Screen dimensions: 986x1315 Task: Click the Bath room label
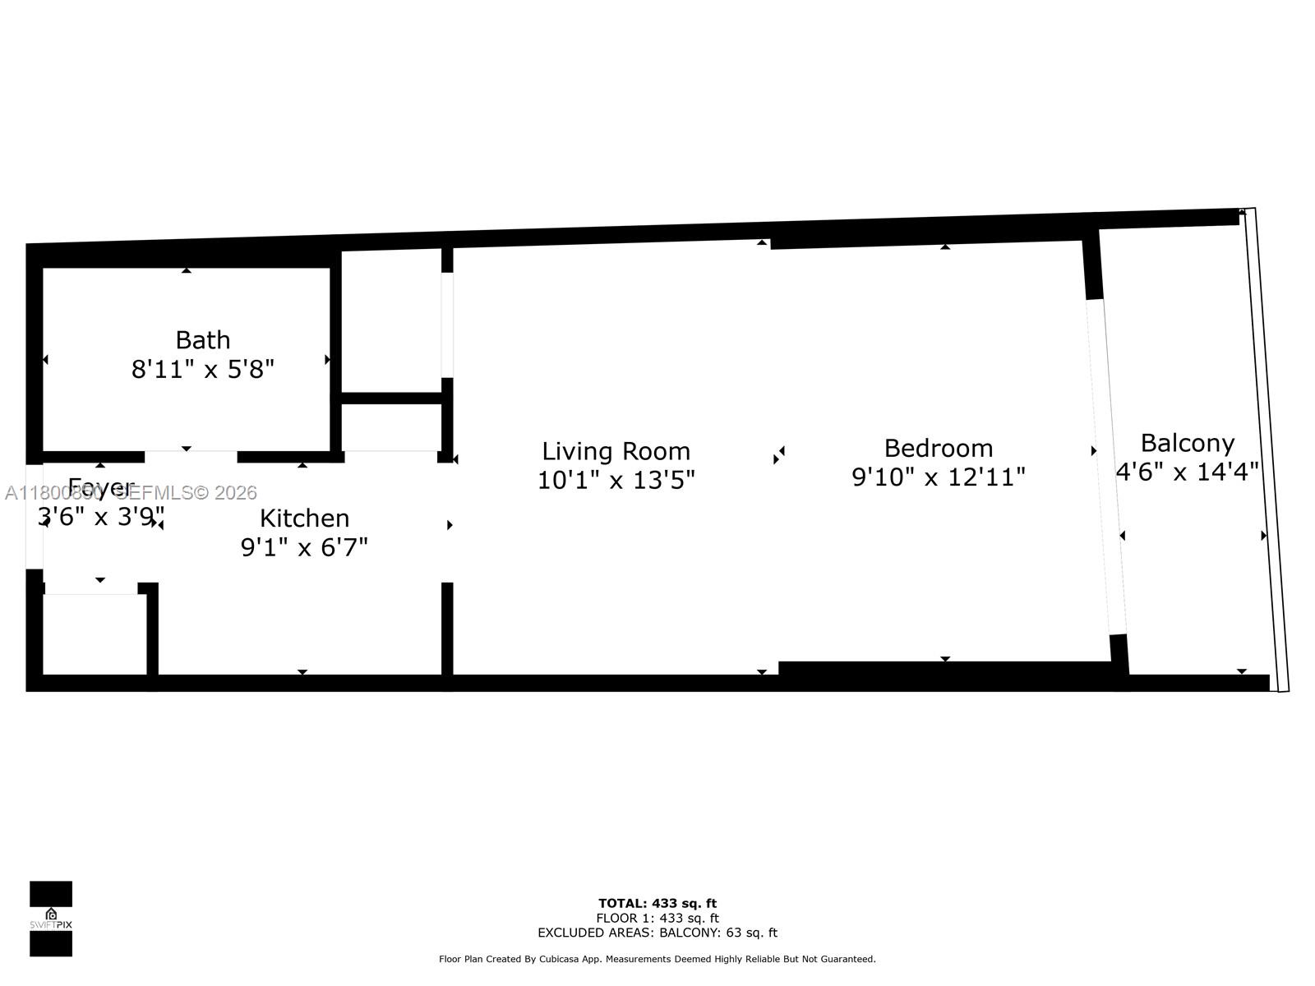[202, 339]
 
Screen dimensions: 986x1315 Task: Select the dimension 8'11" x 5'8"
[202, 369]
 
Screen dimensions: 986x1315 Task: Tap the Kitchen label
[304, 518]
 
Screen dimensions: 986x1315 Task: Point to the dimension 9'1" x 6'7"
[304, 546]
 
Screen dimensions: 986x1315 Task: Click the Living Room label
[616, 451]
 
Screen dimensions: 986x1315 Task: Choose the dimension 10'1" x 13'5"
[616, 480]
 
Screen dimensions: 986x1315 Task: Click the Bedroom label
[938, 448]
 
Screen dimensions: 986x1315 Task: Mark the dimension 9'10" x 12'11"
[938, 477]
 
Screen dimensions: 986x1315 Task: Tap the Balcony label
[1187, 443]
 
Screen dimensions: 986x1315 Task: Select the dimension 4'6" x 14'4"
[1187, 472]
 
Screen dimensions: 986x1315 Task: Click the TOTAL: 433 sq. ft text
[657, 904]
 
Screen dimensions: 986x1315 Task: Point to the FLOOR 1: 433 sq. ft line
[657, 918]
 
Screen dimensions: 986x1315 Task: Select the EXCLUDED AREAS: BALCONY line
[657, 933]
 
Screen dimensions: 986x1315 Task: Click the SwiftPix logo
[51, 919]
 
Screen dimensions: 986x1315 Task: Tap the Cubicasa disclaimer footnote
[657, 959]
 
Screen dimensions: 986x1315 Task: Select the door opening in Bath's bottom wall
[191, 456]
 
